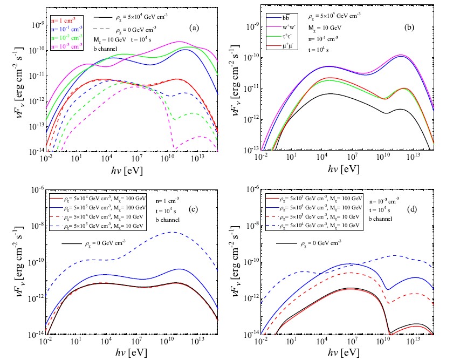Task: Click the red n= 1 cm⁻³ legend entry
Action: [64, 20]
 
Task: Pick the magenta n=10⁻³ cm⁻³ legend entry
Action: [66, 48]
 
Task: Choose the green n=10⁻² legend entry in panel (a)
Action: [66, 38]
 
